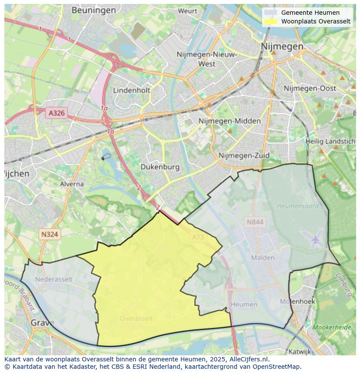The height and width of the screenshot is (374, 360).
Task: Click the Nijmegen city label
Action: [x=282, y=46]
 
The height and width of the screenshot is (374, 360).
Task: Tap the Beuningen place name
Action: [x=93, y=10]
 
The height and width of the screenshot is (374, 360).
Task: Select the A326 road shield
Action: [x=57, y=113]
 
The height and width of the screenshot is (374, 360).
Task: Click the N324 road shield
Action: [x=50, y=234]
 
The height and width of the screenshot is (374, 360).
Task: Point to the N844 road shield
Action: [x=255, y=222]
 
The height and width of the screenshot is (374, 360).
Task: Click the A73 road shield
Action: [x=197, y=237]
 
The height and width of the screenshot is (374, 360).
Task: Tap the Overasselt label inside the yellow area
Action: [x=136, y=318]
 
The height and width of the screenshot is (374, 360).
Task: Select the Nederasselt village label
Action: [x=54, y=279]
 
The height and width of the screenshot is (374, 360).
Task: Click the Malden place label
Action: [x=263, y=258]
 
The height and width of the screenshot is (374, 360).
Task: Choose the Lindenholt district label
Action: [x=131, y=90]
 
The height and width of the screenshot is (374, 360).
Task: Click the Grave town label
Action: [x=42, y=323]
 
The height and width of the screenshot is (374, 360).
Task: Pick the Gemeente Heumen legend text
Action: [x=310, y=13]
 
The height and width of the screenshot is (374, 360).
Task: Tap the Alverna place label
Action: [x=72, y=184]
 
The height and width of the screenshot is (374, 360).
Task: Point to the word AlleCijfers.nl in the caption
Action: [x=248, y=359]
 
